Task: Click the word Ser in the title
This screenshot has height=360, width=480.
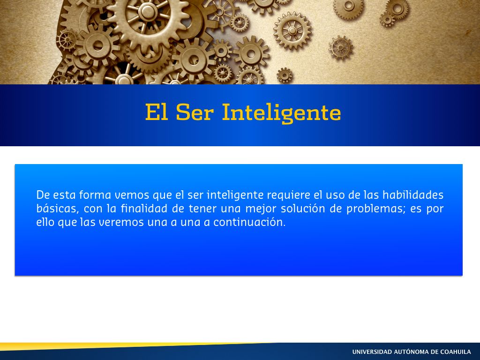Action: click(195, 112)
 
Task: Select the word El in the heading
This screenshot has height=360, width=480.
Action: click(157, 112)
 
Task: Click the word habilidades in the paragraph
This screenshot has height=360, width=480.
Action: click(413, 195)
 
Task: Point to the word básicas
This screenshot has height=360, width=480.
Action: click(56, 209)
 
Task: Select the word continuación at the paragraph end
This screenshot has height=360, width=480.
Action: click(249, 222)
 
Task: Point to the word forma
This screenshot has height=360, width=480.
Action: click(95, 195)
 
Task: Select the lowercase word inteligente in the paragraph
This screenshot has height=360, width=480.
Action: click(235, 195)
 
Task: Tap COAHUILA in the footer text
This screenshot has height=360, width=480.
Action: click(456, 352)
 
